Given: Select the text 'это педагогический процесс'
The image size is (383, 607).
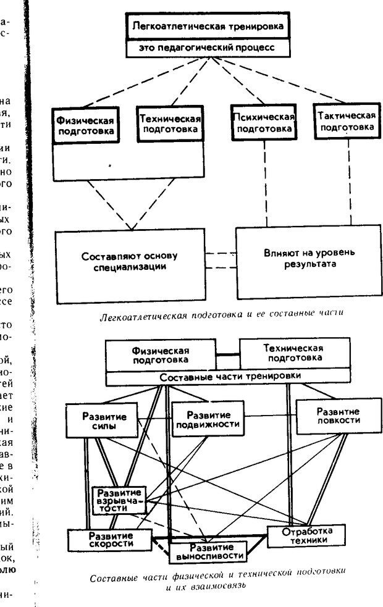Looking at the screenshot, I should [207, 47].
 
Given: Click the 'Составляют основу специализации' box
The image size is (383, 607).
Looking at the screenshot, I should [130, 261].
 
